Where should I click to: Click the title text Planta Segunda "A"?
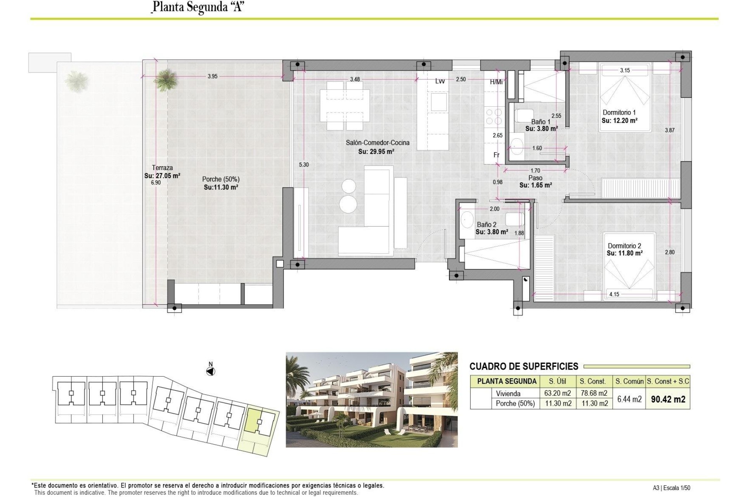click(x=198, y=7)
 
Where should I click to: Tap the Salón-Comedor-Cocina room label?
click(x=377, y=143)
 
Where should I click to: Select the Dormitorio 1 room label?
click(x=619, y=113)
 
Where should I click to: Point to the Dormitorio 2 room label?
click(x=624, y=246)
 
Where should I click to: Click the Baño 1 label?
click(x=541, y=122)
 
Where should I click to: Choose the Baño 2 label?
click(x=486, y=225)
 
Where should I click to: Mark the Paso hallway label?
click(x=535, y=178)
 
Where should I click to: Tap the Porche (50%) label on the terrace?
click(x=220, y=179)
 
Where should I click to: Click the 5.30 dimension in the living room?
click(x=303, y=165)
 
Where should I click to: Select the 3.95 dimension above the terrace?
click(x=212, y=76)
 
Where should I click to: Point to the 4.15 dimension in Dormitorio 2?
click(x=614, y=294)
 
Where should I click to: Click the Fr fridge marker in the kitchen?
click(x=496, y=155)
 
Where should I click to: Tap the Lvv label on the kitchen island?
click(x=440, y=81)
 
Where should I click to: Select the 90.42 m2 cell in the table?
click(x=668, y=399)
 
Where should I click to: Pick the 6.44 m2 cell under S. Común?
click(x=629, y=399)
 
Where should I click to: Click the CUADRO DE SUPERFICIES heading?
click(x=523, y=366)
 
